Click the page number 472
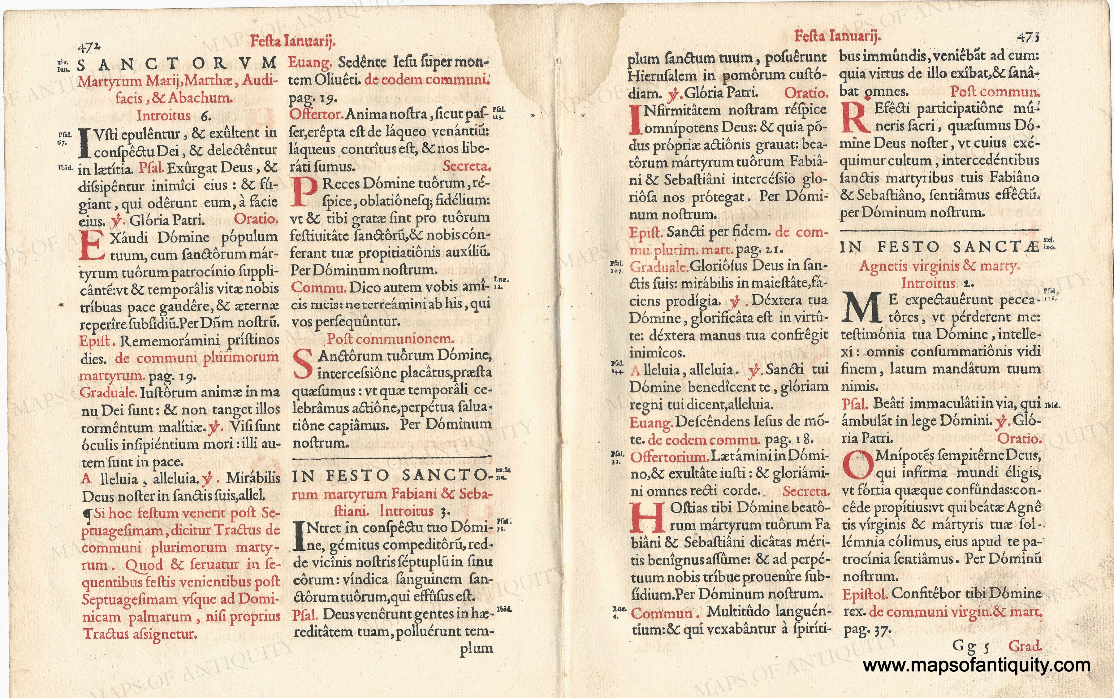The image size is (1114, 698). click(x=89, y=47)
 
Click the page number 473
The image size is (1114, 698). click(x=1028, y=37)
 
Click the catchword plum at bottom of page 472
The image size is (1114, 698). click(x=476, y=648)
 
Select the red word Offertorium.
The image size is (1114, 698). click(x=669, y=457)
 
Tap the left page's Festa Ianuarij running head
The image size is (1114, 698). click(x=292, y=41)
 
